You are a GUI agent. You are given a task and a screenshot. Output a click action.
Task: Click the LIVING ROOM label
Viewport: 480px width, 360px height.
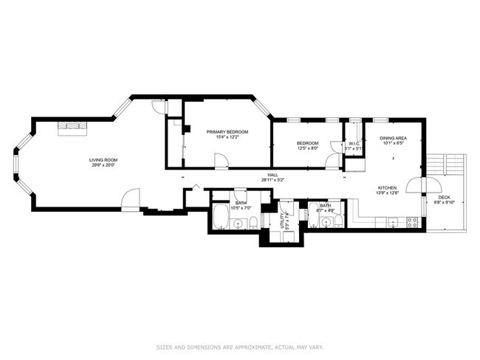point(104,160)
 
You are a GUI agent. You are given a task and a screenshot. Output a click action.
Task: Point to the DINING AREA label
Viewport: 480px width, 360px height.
point(393,138)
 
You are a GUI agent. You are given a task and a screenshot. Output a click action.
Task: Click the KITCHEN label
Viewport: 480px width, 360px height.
point(388,188)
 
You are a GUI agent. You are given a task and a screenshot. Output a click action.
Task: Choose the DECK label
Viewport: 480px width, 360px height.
point(444,197)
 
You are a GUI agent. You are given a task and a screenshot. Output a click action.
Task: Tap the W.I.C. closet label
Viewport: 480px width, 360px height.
point(354,143)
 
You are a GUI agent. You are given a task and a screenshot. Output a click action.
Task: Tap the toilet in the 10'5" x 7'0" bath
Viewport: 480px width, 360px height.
point(253,223)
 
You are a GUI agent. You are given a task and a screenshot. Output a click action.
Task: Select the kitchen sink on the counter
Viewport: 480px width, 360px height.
point(392,221)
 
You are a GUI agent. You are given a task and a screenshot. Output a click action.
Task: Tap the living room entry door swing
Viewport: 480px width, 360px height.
point(130,198)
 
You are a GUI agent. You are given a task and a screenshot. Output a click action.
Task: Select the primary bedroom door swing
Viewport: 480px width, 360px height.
point(220,160)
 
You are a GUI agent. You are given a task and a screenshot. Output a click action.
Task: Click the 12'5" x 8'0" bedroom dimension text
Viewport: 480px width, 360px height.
point(307,148)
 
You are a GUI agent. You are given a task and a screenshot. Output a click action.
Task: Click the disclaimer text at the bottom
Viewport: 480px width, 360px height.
point(240,346)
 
